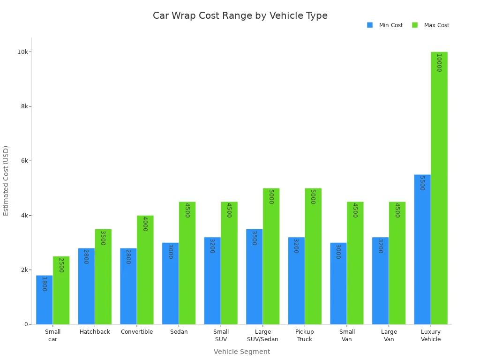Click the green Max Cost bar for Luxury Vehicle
click(439, 187)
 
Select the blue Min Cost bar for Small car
click(45, 300)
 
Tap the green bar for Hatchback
click(103, 277)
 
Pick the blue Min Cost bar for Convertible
click(128, 286)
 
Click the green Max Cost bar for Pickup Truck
click(313, 256)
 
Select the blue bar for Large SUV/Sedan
click(254, 277)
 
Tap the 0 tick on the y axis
click(27, 324)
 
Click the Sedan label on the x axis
click(179, 332)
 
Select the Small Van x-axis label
click(347, 336)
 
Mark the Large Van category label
click(389, 336)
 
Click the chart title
click(240, 15)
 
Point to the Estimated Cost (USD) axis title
click(6, 180)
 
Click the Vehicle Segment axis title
click(242, 352)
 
